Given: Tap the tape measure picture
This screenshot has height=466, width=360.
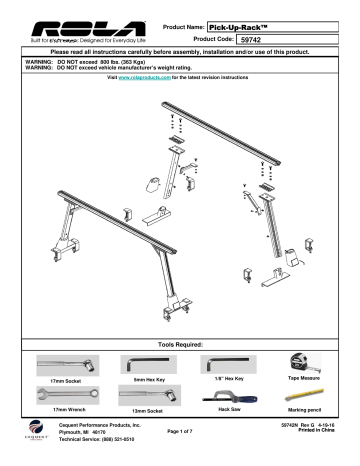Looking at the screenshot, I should click(x=310, y=361).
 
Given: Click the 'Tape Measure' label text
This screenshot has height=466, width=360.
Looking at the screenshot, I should click(x=309, y=379).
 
